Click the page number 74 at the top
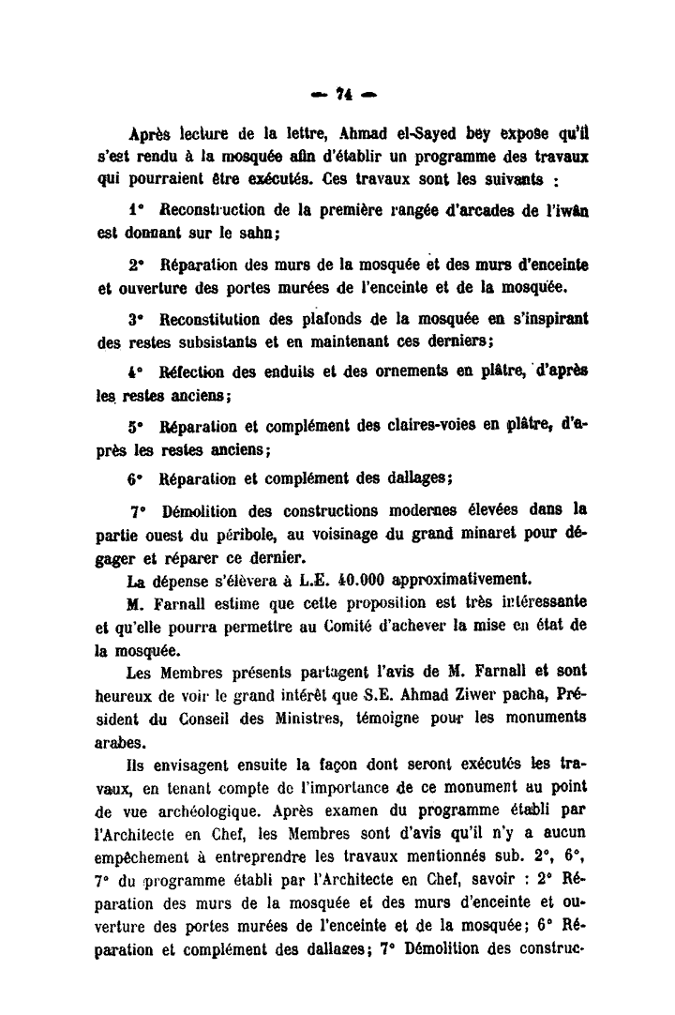[x=340, y=96]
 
